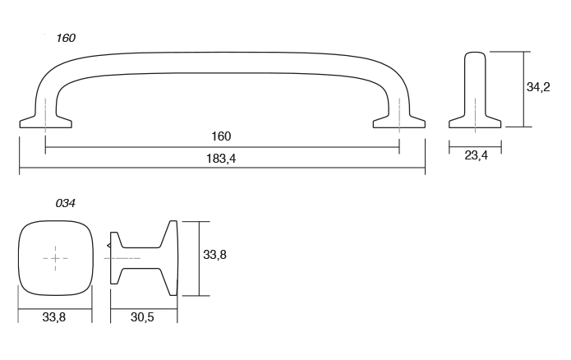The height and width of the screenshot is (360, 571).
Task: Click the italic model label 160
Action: [x=66, y=38]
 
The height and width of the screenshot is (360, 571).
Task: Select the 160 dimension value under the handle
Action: [x=221, y=136]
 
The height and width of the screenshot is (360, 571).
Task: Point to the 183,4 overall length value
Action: [x=222, y=159]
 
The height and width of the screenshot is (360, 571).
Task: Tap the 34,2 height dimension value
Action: [x=538, y=87]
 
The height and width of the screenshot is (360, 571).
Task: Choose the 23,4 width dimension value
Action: [x=476, y=156]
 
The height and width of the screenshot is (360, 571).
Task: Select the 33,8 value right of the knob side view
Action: [x=214, y=256]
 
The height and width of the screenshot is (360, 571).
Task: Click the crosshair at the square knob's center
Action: [x=55, y=258]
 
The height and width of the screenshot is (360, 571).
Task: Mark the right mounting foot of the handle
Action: [x=399, y=122]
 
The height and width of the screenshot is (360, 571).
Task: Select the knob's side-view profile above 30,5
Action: [x=144, y=257]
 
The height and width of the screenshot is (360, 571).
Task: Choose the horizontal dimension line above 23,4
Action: [x=476, y=145]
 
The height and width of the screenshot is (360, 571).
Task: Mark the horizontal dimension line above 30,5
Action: [x=143, y=306]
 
